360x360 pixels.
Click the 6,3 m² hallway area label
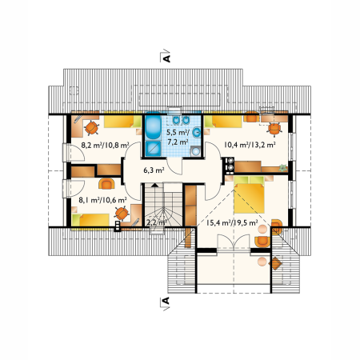[x=154, y=170]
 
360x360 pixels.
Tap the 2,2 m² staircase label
[x=157, y=222]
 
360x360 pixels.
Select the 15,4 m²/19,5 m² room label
[x=232, y=222]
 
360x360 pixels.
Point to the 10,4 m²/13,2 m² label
[x=250, y=145]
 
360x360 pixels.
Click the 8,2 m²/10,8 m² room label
[x=105, y=146]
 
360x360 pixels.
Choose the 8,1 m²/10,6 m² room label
[x=102, y=200]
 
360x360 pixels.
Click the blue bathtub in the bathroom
[x=153, y=127]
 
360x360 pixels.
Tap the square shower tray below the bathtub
[x=154, y=148]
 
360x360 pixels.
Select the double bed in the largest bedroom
[x=249, y=194]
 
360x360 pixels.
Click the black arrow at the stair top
[x=155, y=185]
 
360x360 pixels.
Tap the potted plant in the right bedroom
[x=282, y=167]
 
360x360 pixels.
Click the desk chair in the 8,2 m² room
[x=91, y=128]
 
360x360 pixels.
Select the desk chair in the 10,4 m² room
[x=274, y=129]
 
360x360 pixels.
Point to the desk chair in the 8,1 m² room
[x=122, y=214]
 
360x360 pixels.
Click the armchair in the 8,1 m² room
[x=106, y=184]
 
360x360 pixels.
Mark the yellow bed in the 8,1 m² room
[x=90, y=220]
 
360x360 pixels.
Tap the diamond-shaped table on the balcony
[x=275, y=263]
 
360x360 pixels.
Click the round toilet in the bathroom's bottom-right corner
[x=196, y=151]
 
